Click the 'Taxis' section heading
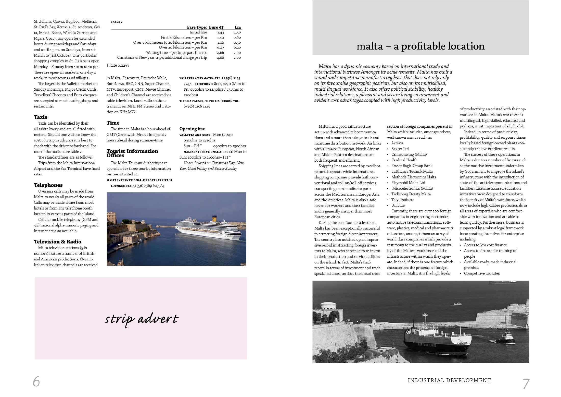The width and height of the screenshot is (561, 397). [41, 117]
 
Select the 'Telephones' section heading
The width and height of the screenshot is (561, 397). [48, 185]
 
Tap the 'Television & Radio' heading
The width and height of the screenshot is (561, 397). [57, 242]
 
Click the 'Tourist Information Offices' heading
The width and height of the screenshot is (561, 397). [132, 153]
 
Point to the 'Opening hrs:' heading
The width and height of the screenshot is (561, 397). [192, 129]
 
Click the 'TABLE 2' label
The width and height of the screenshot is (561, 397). [117, 22]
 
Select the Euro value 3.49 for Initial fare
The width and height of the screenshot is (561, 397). [220, 32]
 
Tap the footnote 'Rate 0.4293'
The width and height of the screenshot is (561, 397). [118, 65]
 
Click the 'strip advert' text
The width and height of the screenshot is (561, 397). [142, 319]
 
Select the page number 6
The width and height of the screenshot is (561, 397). [36, 382]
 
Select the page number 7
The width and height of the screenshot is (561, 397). [526, 384]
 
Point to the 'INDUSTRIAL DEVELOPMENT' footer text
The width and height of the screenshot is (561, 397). [449, 380]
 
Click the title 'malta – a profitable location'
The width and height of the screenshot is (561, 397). [420, 46]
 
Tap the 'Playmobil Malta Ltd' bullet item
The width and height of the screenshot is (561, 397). [408, 183]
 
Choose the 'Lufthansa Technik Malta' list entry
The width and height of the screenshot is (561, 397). [412, 171]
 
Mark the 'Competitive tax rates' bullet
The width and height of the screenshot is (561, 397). [482, 273]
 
